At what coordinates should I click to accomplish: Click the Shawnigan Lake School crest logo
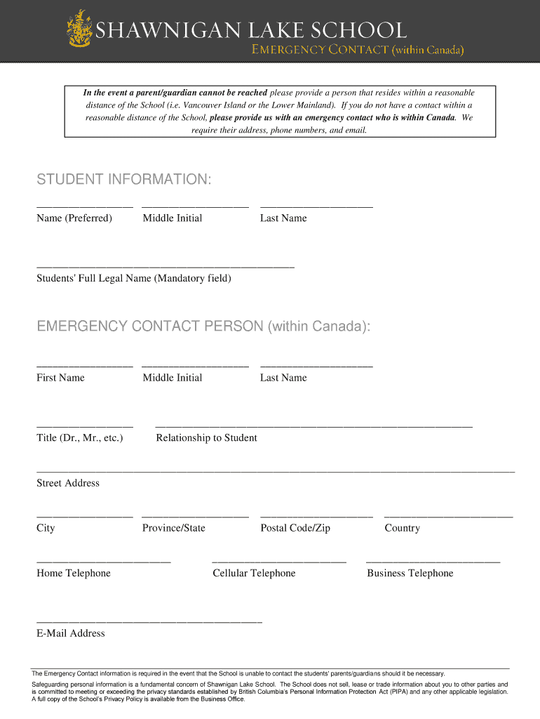click(79, 29)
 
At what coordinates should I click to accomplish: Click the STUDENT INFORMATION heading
click(123, 180)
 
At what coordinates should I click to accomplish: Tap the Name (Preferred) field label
click(74, 218)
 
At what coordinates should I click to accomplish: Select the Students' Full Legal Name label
click(134, 279)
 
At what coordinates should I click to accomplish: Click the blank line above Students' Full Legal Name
click(166, 266)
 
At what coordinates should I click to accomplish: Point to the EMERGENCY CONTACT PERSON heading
click(203, 326)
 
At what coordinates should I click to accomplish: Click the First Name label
click(60, 378)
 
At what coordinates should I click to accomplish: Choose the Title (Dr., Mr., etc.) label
click(80, 438)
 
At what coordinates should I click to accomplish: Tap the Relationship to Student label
click(206, 438)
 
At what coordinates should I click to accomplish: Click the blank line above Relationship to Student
click(313, 426)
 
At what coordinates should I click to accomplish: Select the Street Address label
click(68, 483)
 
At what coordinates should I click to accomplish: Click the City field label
click(46, 528)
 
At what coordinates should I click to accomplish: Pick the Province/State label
click(174, 528)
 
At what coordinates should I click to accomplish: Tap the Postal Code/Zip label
click(295, 528)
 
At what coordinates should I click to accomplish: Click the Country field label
click(402, 528)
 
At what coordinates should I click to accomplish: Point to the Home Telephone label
click(74, 574)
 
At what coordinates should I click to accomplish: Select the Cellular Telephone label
click(254, 574)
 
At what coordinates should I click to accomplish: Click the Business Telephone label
click(410, 574)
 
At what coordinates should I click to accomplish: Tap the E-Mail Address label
click(71, 633)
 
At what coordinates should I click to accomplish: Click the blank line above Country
click(448, 516)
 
